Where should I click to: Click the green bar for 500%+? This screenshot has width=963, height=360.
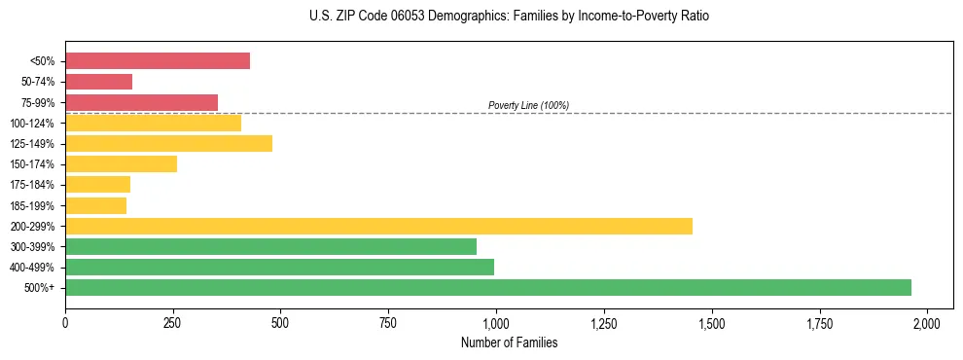click(488, 288)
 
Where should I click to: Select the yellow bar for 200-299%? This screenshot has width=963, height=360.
click(378, 226)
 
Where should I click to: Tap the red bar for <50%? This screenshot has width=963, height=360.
click(158, 61)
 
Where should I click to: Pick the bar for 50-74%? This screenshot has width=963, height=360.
click(98, 82)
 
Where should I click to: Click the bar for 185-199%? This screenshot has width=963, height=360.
click(95, 205)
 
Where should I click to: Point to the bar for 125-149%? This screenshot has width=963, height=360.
click(168, 143)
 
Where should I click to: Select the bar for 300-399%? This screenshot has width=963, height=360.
click(270, 246)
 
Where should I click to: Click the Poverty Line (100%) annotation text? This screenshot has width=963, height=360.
click(528, 105)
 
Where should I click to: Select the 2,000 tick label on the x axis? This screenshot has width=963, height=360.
click(927, 322)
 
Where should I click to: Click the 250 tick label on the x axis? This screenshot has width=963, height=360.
click(173, 322)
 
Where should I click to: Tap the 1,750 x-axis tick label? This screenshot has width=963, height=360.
click(819, 322)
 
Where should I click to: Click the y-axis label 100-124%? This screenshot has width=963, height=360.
click(33, 124)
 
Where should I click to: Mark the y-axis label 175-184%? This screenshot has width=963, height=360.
click(33, 185)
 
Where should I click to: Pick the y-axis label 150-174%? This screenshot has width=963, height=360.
click(33, 164)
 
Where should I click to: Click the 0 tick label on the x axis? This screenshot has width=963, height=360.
click(65, 322)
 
